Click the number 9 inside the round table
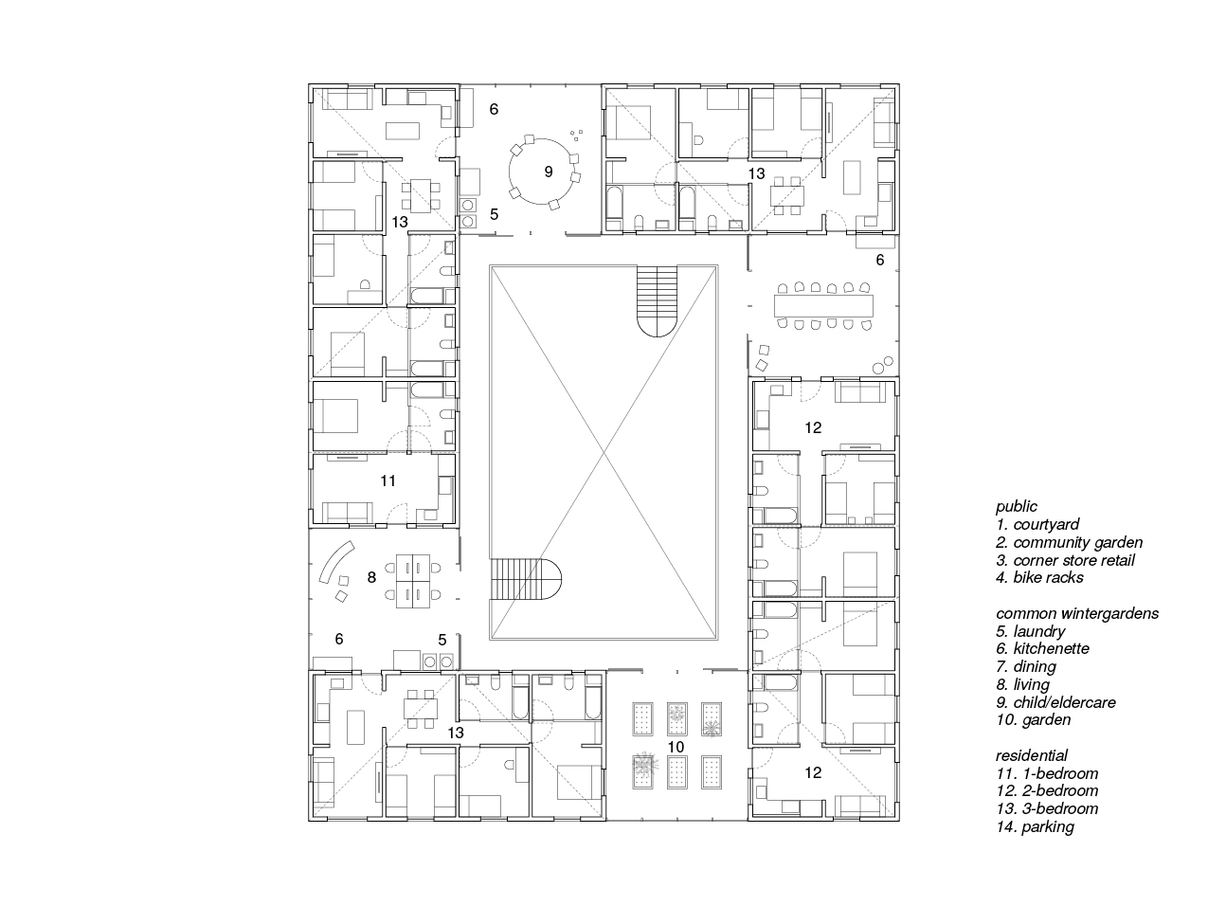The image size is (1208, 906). coord(548,172)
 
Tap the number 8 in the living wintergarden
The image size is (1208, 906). coord(371,577)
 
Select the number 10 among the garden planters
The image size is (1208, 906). coord(675,748)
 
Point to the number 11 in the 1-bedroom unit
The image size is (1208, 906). coord(388,481)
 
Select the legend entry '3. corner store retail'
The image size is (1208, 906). coord(1065,560)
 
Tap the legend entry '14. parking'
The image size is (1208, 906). coord(1035,826)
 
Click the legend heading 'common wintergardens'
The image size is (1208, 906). coord(1076,613)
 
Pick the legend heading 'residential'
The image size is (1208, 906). coord(1032,755)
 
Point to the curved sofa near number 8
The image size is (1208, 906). coord(334,565)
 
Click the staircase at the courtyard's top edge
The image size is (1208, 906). coord(658,300)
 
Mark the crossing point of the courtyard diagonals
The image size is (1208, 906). coord(604,452)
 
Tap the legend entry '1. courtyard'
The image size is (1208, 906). coord(1037,524)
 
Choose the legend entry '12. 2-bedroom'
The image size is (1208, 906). coord(1047,790)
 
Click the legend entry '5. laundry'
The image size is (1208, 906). coord(1030,631)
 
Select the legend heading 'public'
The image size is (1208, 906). coord(1016,507)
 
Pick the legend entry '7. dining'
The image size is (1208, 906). coord(1025,666)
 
